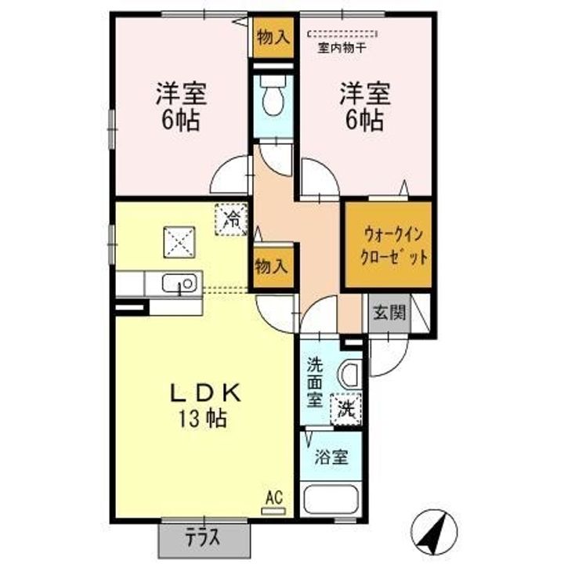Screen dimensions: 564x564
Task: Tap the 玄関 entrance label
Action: pyautogui.click(x=389, y=313)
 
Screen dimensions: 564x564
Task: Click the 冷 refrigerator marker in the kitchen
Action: pyautogui.click(x=231, y=219)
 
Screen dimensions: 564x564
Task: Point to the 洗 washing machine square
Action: pyautogui.click(x=346, y=410)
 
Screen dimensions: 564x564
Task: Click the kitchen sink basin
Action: pyautogui.click(x=179, y=283)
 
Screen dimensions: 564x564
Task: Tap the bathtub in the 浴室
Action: pyautogui.click(x=331, y=500)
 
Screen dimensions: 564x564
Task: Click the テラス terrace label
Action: pyautogui.click(x=203, y=538)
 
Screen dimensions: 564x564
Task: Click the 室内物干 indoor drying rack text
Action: pyautogui.click(x=342, y=49)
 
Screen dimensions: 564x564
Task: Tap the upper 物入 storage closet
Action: pyautogui.click(x=273, y=37)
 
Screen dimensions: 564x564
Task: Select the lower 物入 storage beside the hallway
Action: pyautogui.click(x=272, y=267)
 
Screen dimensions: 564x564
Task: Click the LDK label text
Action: pyautogui.click(x=205, y=393)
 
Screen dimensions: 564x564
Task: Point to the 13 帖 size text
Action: pyautogui.click(x=203, y=418)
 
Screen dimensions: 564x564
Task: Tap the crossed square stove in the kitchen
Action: pyautogui.click(x=179, y=242)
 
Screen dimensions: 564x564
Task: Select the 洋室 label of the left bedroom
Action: pyautogui.click(x=181, y=93)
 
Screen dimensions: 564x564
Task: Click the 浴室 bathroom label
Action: pyautogui.click(x=331, y=457)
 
